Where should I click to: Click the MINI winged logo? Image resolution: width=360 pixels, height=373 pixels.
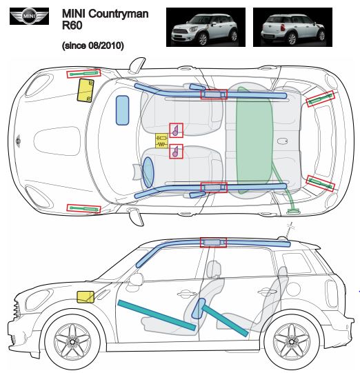tap(29, 16)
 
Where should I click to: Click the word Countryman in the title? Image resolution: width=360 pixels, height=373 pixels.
tap(119, 14)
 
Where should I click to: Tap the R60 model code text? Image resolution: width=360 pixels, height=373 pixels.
tap(72, 26)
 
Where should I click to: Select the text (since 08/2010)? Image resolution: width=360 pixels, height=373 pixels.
tap(93, 46)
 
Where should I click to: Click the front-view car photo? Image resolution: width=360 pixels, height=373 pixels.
tap(206, 27)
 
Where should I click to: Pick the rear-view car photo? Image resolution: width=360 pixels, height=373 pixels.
tap(292, 27)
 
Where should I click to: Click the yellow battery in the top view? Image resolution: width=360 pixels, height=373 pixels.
tap(86, 90)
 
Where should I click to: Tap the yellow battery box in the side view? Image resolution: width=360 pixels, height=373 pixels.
tap(86, 297)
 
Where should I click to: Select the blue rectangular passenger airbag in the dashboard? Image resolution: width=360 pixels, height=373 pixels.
tap(122, 110)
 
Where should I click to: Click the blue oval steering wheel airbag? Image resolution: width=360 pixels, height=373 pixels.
tap(148, 172)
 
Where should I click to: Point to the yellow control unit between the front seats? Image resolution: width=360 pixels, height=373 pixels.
tap(161, 141)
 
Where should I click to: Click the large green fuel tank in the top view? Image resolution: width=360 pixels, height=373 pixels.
tap(254, 141)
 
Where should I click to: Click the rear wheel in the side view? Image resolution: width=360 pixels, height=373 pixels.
tap(292, 341)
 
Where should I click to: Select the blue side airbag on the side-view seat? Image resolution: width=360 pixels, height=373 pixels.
tap(199, 308)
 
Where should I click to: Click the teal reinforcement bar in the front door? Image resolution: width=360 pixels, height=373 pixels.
tap(157, 315)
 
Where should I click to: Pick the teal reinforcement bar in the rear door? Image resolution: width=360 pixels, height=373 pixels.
tap(226, 321)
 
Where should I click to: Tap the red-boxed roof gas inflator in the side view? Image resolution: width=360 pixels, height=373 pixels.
tap(213, 243)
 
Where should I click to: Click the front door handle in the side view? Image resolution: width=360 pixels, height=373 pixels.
tap(186, 294)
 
